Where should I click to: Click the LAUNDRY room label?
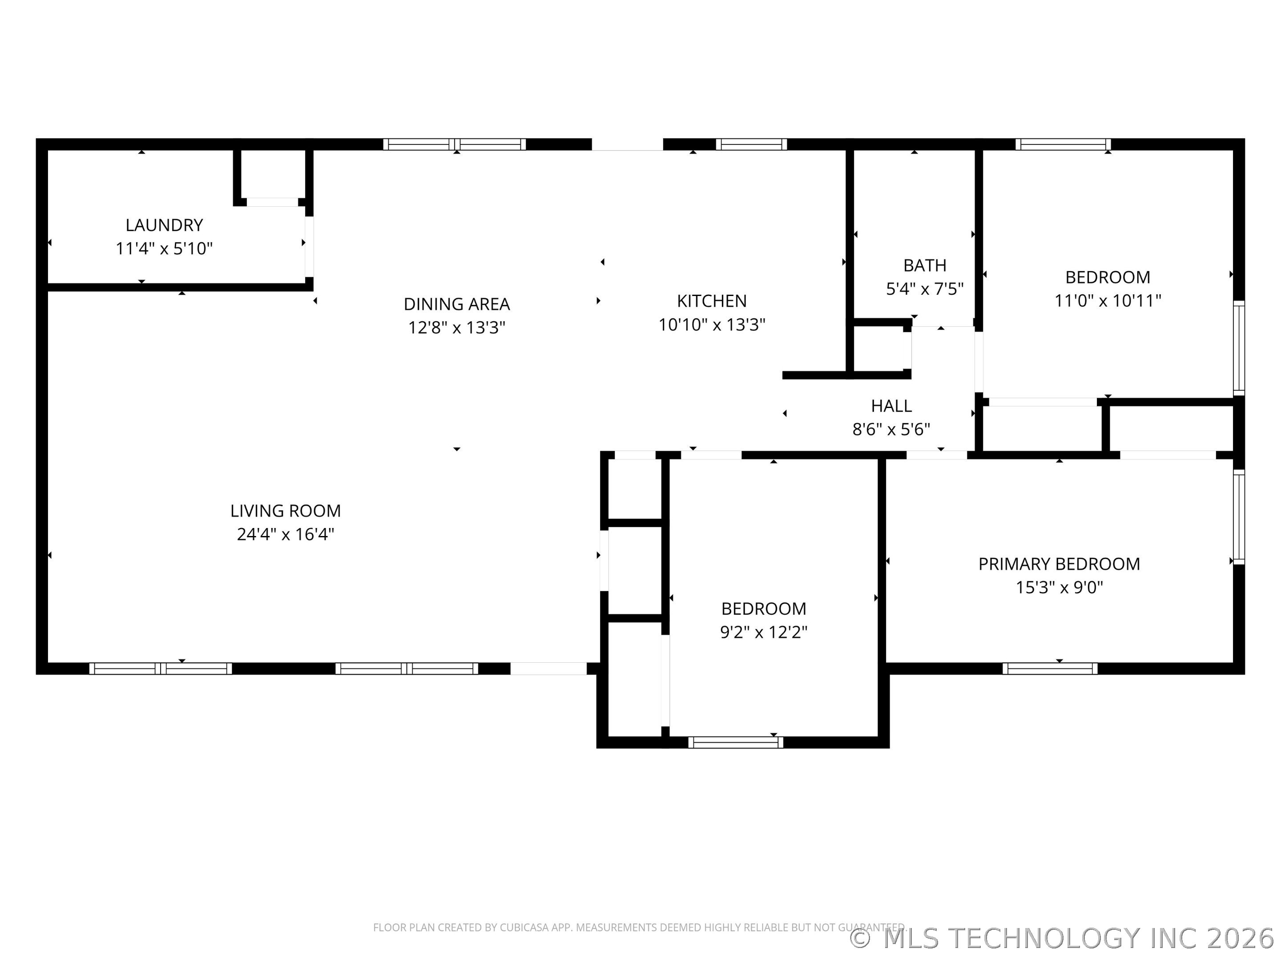point(165,225)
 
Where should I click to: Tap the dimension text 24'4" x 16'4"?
point(286,534)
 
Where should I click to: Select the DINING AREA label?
point(457,304)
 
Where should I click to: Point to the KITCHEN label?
point(712,301)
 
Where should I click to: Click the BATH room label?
point(925,266)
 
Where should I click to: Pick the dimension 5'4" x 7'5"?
point(925,289)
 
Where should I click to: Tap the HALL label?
point(891,406)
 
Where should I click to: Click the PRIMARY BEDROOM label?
point(1059,564)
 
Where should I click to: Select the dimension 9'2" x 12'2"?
point(764,632)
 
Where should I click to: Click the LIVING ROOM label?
point(286,511)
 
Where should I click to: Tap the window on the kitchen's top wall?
point(751,144)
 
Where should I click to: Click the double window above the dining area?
point(455,144)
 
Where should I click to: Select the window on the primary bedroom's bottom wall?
point(1050,669)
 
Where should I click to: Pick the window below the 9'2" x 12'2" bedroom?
point(736,742)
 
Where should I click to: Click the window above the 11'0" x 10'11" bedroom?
point(1063,144)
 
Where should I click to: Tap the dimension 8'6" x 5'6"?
point(891,429)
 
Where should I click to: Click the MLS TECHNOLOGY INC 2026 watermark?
point(1062,938)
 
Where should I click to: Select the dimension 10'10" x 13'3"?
point(712,324)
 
